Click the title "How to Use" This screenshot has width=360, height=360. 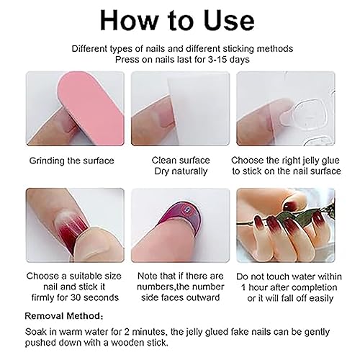coord(179,21)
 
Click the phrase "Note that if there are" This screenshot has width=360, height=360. coord(179,275)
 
